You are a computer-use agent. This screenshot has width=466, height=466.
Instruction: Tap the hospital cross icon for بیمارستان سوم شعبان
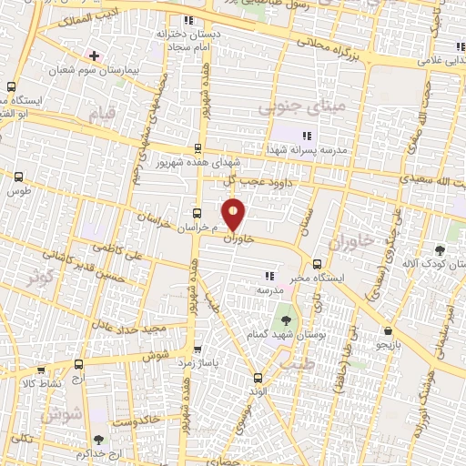click(x=94, y=56)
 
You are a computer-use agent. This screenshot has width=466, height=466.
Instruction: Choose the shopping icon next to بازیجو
click(x=389, y=331)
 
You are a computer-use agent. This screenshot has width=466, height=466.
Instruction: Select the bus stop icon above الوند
click(x=258, y=377)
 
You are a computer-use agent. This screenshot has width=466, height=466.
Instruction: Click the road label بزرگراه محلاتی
click(x=334, y=37)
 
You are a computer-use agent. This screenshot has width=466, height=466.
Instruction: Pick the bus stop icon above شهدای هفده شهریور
click(x=198, y=148)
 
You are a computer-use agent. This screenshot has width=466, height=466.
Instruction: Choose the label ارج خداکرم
click(x=96, y=453)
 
